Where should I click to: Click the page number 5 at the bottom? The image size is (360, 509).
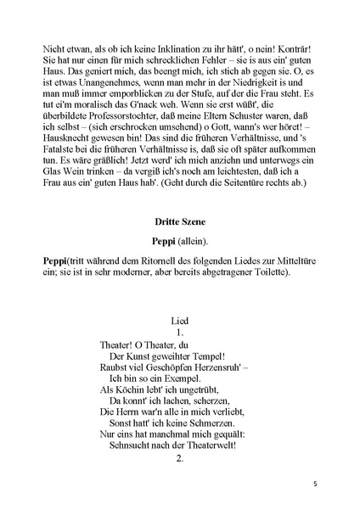point(314,484)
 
